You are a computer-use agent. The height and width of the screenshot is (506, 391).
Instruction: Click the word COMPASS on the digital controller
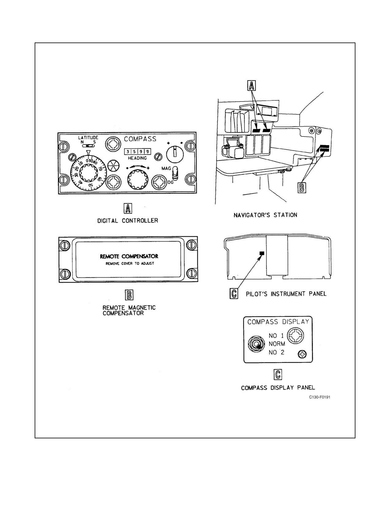140,139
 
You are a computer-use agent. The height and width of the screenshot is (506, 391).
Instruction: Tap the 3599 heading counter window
137,151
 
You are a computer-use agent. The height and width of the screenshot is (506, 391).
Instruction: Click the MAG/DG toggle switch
175,173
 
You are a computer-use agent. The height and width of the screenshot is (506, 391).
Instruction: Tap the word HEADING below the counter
137,158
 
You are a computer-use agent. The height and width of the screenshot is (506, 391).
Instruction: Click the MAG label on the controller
166,168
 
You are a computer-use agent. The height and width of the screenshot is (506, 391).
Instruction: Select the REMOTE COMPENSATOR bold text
129,256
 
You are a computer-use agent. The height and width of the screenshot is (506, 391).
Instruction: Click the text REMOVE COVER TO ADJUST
130,264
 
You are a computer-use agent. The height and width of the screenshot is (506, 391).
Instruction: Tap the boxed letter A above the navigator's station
251,86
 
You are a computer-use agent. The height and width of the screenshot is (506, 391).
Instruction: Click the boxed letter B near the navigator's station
302,188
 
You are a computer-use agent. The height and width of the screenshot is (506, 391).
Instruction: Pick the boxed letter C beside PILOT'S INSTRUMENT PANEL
234,293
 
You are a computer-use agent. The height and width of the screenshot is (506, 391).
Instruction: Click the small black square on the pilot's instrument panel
262,253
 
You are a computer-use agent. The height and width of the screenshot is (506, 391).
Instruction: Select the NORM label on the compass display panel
277,344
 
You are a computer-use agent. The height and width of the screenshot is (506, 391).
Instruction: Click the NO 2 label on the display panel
276,352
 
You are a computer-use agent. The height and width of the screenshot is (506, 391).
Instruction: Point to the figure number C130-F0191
320,397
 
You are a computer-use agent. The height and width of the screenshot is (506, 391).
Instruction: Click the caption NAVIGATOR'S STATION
266,215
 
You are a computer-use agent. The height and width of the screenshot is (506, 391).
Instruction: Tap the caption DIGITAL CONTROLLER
128,220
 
